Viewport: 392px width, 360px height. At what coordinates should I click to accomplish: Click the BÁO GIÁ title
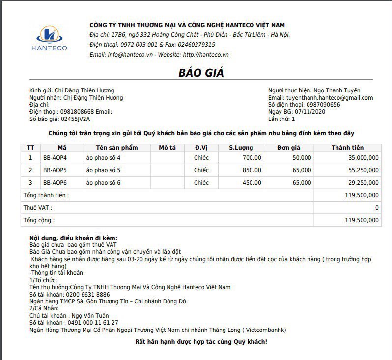click(200, 73)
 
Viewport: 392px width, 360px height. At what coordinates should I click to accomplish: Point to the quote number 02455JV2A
click(75, 119)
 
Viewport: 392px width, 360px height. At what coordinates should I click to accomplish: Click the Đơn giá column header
click(288, 148)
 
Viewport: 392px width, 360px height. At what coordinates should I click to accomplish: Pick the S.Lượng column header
click(240, 148)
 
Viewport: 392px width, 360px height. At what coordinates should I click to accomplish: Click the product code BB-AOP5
click(55, 170)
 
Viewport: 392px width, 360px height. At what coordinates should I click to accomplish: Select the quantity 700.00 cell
click(252, 158)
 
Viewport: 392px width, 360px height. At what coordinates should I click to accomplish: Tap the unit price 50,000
click(302, 158)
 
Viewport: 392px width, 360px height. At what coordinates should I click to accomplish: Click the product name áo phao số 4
click(103, 158)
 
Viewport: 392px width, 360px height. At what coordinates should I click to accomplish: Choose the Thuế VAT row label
click(38, 208)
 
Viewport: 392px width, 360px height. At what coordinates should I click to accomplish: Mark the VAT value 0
click(377, 208)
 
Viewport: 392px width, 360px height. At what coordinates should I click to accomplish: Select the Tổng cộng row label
click(39, 221)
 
